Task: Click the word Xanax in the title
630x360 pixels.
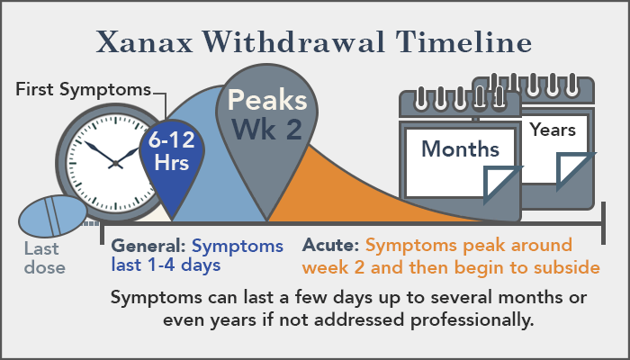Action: point(145,41)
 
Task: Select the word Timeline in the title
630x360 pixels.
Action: point(463,41)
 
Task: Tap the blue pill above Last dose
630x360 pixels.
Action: point(52,216)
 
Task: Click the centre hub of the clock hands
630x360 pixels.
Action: point(116,163)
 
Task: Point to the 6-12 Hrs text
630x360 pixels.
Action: point(172,151)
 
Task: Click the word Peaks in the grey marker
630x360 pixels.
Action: point(267,100)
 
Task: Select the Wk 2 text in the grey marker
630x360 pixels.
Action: point(267,129)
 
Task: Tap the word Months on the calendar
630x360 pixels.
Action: point(461,149)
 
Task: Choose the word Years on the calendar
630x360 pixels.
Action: point(553,130)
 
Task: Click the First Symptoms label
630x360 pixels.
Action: point(83,90)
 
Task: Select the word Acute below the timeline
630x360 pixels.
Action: point(330,245)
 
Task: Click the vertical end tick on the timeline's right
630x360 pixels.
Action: point(603,223)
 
